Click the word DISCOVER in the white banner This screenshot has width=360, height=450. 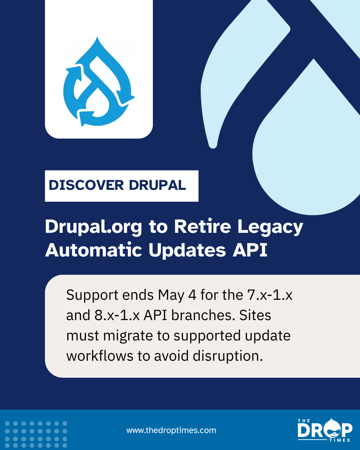pyautogui.click(x=86, y=185)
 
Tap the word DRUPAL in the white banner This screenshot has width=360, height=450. pyautogui.click(x=158, y=185)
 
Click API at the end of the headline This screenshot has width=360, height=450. pyautogui.click(x=250, y=250)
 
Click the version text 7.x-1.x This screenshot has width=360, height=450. pyautogui.click(x=269, y=295)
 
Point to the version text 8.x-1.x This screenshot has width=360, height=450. pyautogui.click(x=117, y=315)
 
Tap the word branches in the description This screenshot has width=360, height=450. pyautogui.click(x=203, y=315)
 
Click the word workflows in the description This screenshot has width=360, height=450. pyautogui.click(x=100, y=355)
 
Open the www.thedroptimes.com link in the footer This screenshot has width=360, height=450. pyautogui.click(x=171, y=430)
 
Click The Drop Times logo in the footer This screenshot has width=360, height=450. pyautogui.click(x=325, y=430)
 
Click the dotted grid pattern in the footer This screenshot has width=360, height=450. pyautogui.click(x=36, y=434)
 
